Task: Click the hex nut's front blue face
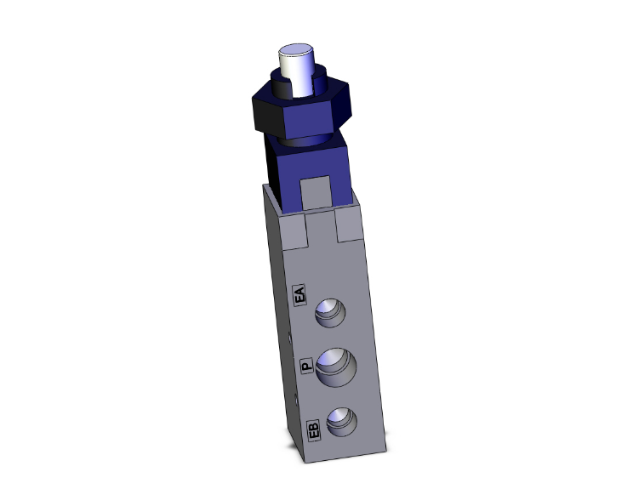click(x=304, y=116)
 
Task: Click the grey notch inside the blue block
click(x=315, y=192)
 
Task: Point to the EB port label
click(x=312, y=430)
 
